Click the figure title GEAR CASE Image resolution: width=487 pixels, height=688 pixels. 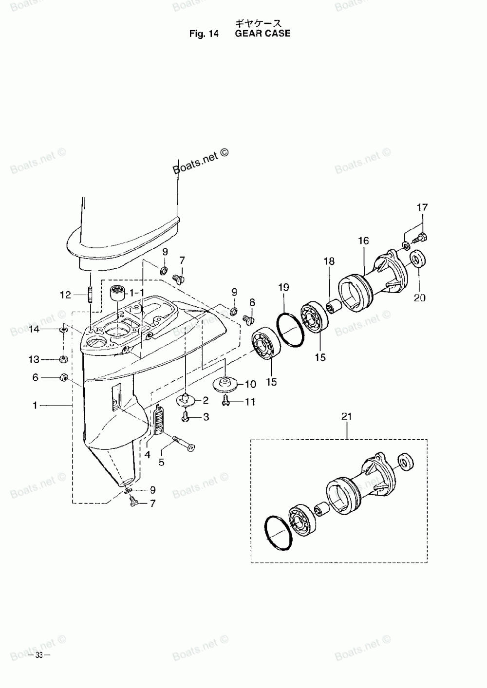(262, 34)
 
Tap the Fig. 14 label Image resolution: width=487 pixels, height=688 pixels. (205, 34)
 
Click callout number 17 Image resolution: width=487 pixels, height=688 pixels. (422, 207)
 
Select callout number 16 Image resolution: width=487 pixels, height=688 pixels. (363, 241)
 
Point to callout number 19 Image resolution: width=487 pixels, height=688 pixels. (284, 288)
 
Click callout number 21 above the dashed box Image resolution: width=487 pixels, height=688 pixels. (346, 416)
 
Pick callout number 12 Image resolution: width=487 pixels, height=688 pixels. (65, 295)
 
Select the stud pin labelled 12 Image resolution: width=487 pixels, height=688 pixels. (91, 295)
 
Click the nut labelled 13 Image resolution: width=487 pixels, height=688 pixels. (63, 360)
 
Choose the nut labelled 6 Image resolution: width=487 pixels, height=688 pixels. (63, 377)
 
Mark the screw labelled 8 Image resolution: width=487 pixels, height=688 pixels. (249, 319)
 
